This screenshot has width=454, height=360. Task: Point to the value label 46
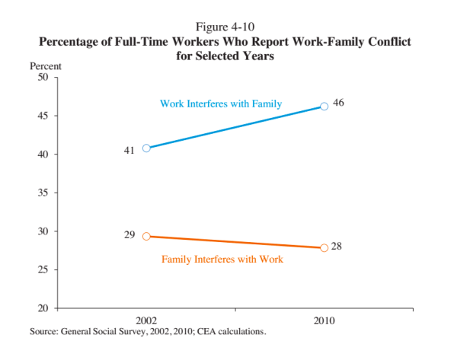tap(338, 103)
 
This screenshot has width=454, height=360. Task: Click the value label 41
tap(129, 151)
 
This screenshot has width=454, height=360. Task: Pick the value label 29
tap(129, 234)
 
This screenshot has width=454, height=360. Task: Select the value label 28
tap(337, 247)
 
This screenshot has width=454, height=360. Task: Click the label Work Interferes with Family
tap(221, 104)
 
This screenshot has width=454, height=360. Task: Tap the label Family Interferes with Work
tap(222, 259)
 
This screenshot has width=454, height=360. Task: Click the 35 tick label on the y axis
tap(43, 193)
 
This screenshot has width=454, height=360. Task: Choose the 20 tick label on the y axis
tap(43, 308)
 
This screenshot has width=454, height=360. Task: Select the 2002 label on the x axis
tap(146, 320)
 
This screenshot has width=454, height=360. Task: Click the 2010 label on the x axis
tap(325, 320)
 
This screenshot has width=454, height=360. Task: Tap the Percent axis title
tap(46, 66)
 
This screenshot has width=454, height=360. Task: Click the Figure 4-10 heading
tap(225, 27)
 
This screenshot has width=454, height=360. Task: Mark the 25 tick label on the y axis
tap(43, 269)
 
